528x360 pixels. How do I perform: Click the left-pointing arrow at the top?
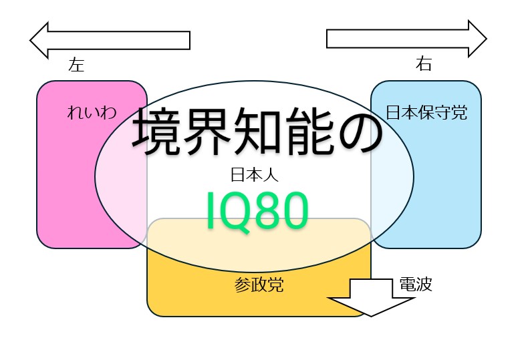(x=110, y=39)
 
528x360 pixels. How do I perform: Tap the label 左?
(x=76, y=65)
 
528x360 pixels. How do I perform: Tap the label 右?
(x=424, y=64)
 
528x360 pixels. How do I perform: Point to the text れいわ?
(x=92, y=112)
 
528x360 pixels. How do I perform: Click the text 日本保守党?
(x=426, y=112)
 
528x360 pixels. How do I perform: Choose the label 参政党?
(x=259, y=286)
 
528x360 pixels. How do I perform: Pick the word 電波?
(x=416, y=285)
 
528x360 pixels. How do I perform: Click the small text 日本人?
(x=254, y=176)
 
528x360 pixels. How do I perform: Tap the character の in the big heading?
(x=360, y=132)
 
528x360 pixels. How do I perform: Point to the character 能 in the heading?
(x=309, y=132)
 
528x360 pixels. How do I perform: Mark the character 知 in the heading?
(x=258, y=132)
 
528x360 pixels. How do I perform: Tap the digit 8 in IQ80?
(x=267, y=211)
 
